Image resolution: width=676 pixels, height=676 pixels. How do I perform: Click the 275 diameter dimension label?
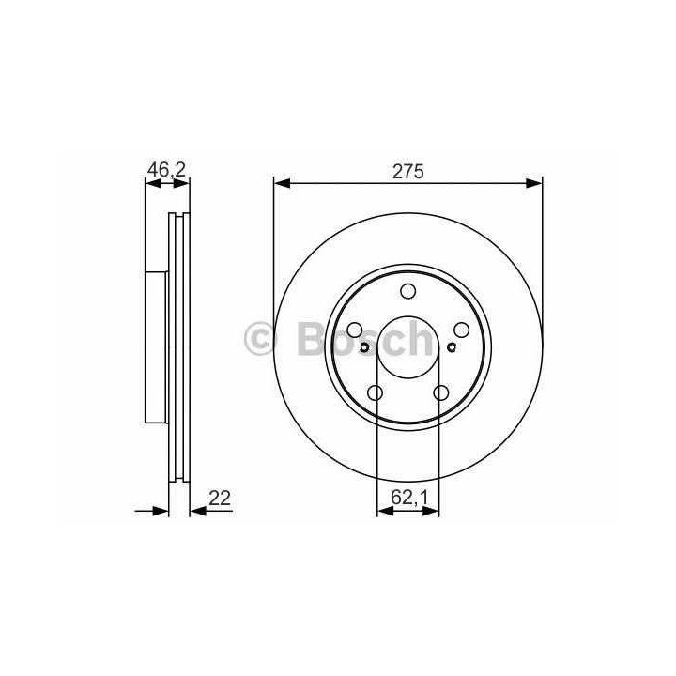[x=407, y=172]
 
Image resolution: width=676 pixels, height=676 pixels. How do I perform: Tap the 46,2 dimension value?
[x=166, y=170]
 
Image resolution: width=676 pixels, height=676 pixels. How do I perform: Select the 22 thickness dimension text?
[x=220, y=499]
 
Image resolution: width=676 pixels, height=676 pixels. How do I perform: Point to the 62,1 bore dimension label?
[x=409, y=498]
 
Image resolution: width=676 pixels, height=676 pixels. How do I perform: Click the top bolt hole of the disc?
[x=407, y=291]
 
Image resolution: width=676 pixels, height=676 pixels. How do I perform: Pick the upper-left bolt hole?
[x=355, y=330]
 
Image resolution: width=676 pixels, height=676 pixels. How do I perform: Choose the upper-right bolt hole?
[x=461, y=330]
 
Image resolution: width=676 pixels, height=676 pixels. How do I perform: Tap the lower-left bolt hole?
[x=375, y=392]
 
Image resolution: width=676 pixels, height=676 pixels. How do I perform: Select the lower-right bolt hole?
[x=440, y=392]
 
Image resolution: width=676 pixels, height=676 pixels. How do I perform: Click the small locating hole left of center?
[x=364, y=347]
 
